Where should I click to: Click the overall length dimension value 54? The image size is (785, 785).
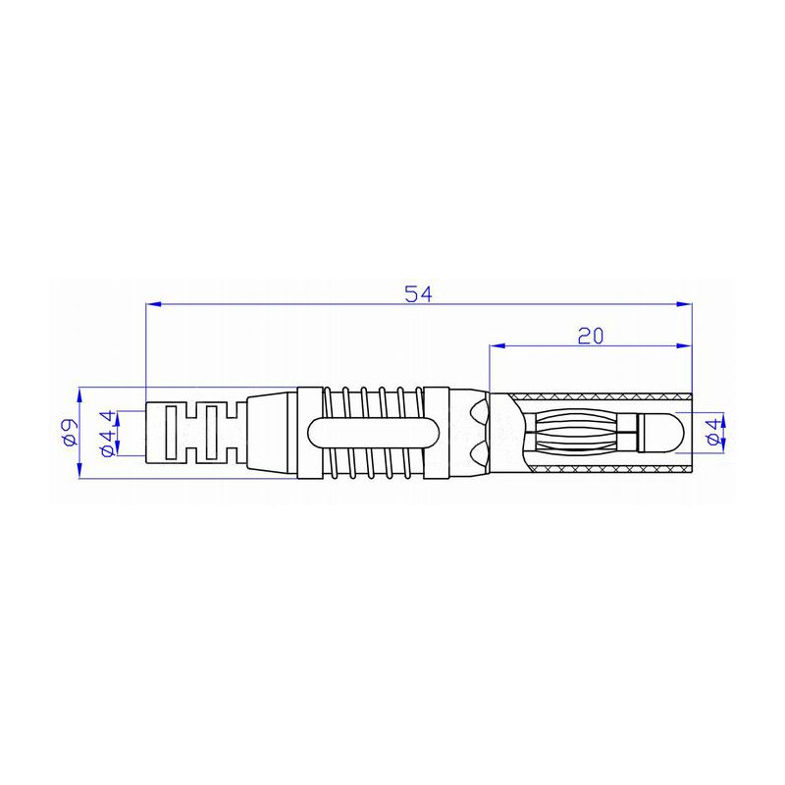(419, 292)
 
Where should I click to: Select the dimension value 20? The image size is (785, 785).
(590, 335)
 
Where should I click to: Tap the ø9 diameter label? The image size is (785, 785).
(70, 433)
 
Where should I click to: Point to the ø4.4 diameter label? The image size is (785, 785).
(107, 433)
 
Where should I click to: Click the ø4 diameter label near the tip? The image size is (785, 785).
(714, 433)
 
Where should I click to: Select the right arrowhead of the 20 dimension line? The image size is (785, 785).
(685, 346)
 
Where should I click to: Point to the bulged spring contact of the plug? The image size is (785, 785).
(574, 433)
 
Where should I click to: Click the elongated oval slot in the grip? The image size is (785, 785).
(373, 433)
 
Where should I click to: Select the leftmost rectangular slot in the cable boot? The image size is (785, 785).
(170, 433)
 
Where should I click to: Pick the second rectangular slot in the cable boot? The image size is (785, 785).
(207, 433)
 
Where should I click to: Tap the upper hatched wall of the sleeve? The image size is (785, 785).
(599, 394)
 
